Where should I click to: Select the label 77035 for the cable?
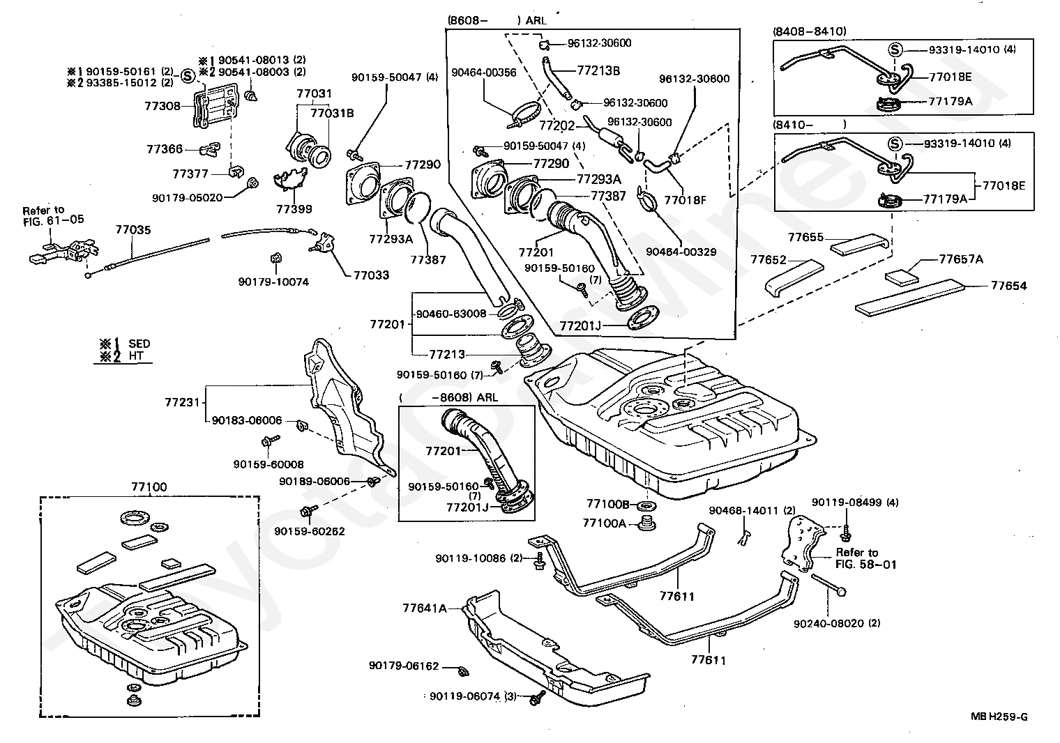(x=132, y=229)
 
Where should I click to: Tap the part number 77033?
(x=371, y=275)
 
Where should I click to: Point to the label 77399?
(x=294, y=208)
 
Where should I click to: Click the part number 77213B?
(x=598, y=70)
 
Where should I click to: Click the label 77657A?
(x=960, y=259)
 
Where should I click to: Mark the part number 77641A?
(x=424, y=608)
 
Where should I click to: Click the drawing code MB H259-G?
(x=999, y=716)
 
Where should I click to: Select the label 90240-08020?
(x=837, y=623)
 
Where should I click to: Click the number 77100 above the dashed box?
(x=149, y=487)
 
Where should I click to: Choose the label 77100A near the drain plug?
(x=605, y=522)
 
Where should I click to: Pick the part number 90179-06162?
(x=404, y=666)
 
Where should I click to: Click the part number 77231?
(x=183, y=402)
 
